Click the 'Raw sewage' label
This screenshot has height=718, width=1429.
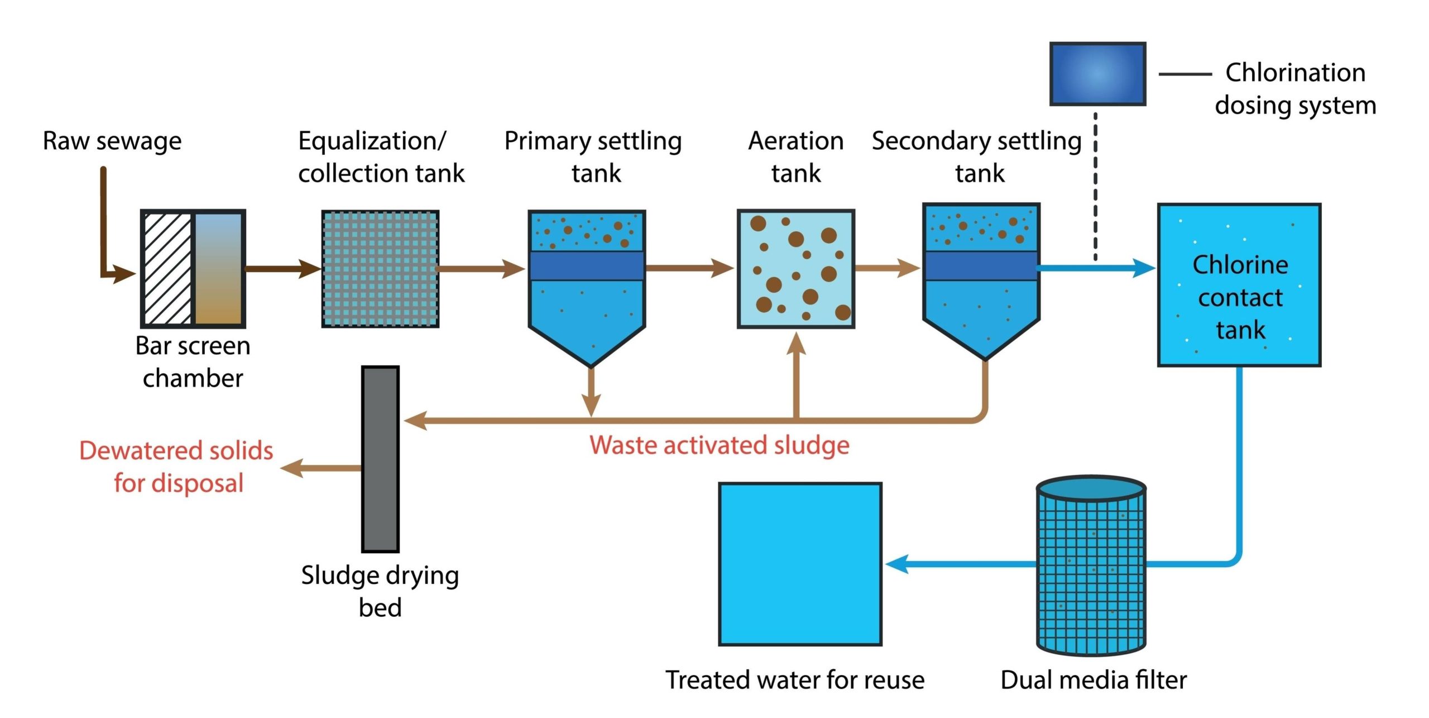click(112, 141)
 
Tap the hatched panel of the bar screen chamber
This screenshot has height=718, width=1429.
click(167, 269)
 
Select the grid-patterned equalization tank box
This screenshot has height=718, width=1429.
click(380, 269)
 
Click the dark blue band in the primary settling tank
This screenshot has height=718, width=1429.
click(587, 265)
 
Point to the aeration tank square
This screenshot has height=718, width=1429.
click(796, 269)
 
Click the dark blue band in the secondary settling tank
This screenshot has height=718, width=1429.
click(981, 265)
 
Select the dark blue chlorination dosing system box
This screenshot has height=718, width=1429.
click(1097, 74)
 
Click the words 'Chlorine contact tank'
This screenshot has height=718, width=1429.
click(1240, 297)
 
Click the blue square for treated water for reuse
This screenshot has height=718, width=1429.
click(800, 564)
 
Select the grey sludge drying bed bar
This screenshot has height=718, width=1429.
click(380, 459)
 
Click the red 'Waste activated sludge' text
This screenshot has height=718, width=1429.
click(720, 445)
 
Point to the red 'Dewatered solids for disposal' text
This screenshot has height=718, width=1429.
click(177, 467)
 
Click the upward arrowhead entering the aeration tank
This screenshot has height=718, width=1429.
click(796, 344)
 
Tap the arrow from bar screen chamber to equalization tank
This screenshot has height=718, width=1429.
click(282, 269)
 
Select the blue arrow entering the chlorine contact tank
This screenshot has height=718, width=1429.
click(1094, 268)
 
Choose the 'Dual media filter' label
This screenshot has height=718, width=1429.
click(1094, 680)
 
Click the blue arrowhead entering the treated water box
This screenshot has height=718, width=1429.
click(898, 564)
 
